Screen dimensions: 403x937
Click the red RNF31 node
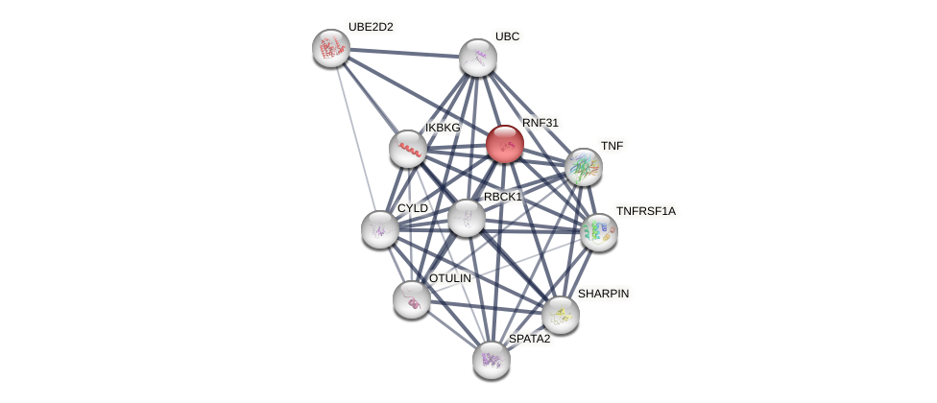coord(504,144)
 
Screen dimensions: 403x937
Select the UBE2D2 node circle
coord(331,48)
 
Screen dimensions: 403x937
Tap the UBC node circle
coord(477,58)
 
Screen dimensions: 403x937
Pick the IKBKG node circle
coord(408,149)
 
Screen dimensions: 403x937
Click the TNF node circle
coord(583,167)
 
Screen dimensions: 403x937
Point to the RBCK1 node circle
coord(467,218)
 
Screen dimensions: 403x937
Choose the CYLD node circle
coord(380,229)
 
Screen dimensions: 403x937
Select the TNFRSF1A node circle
coord(598,232)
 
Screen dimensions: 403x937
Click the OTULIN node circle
coord(412,299)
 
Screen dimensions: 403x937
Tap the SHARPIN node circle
coord(560,315)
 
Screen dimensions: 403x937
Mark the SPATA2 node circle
coord(492,360)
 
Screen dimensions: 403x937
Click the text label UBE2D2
coord(371,27)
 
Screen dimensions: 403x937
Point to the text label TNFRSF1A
coord(645,211)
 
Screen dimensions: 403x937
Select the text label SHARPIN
coord(603,294)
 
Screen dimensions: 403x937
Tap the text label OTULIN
coord(449,278)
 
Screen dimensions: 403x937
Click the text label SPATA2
coord(529,339)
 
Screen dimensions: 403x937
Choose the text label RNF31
coord(540,123)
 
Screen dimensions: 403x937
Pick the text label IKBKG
coord(443,128)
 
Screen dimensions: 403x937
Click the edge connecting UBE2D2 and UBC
coord(404,53)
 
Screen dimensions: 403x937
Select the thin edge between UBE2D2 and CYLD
coord(355,138)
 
